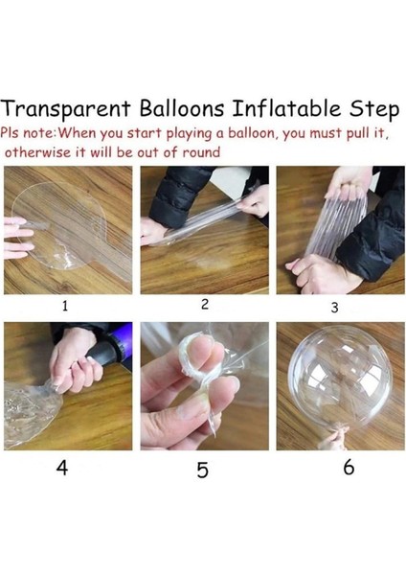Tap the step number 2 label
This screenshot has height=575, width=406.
(x=204, y=305)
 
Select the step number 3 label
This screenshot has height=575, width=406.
(x=334, y=308)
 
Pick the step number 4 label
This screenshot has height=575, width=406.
(x=64, y=468)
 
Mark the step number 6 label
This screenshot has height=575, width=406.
(x=349, y=468)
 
